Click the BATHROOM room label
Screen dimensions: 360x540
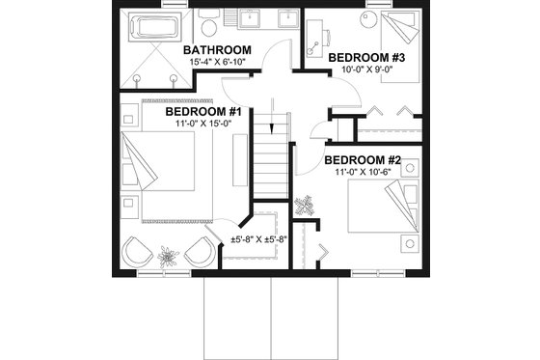[217, 49]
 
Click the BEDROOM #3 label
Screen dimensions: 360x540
[372, 57]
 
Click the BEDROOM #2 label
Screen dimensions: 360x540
[362, 159]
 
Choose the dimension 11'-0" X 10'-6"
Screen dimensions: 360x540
[362, 172]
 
